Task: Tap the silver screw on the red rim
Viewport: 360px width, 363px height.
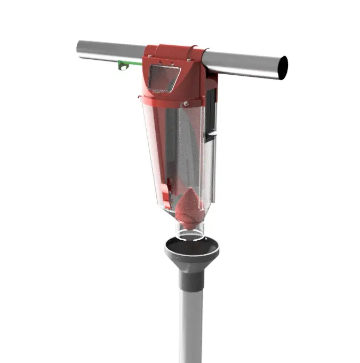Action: (186, 104)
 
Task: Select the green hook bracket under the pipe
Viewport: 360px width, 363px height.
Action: (123, 65)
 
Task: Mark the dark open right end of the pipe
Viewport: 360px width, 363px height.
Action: (283, 68)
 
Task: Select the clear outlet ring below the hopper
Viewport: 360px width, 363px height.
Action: (190, 232)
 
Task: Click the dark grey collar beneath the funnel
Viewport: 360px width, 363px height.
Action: (190, 278)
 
